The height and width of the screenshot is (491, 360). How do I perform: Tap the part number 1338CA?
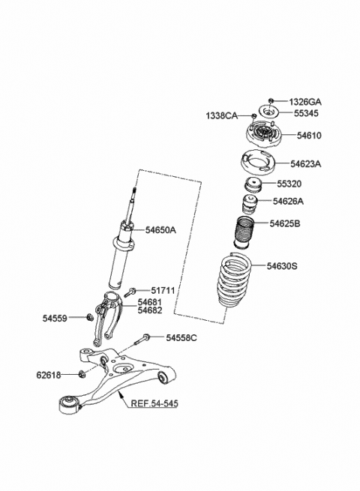point(222,115)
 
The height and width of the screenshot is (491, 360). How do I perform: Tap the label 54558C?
point(181,339)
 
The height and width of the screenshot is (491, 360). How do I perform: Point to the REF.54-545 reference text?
point(154,403)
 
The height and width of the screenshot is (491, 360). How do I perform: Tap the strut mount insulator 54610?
point(262,137)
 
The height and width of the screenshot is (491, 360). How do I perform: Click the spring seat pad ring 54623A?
point(256,163)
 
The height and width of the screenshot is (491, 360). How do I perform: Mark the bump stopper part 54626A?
point(248,205)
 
